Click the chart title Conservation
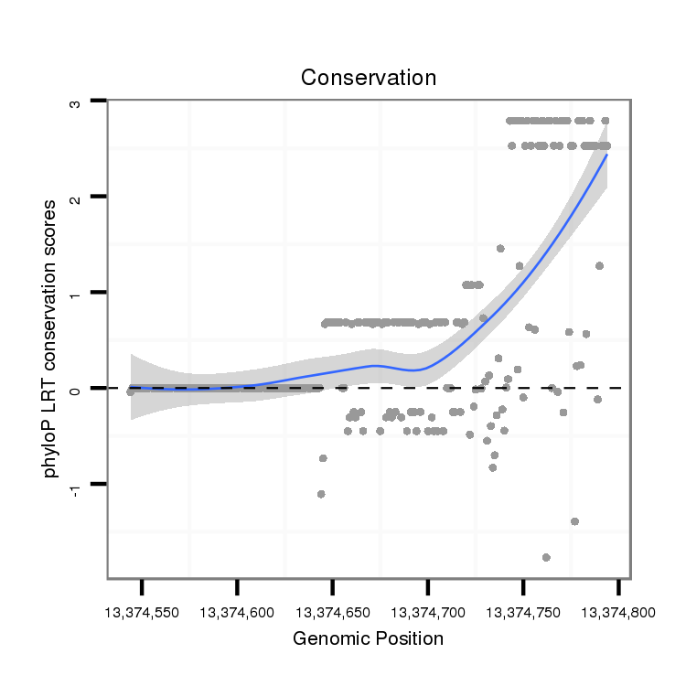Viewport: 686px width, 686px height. pos(369,78)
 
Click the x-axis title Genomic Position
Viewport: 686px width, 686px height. pos(368,638)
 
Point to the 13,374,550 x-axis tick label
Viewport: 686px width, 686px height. pos(142,610)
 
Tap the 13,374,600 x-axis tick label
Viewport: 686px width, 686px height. pos(237,610)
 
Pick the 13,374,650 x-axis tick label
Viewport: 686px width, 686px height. pos(333,610)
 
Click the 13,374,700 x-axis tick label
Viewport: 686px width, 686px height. pos(428,610)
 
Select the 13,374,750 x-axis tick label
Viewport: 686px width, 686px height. pos(523,610)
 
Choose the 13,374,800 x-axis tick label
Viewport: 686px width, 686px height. pos(618,610)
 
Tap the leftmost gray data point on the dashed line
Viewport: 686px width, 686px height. pos(131,391)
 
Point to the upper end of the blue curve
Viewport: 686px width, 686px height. pos(606,155)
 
